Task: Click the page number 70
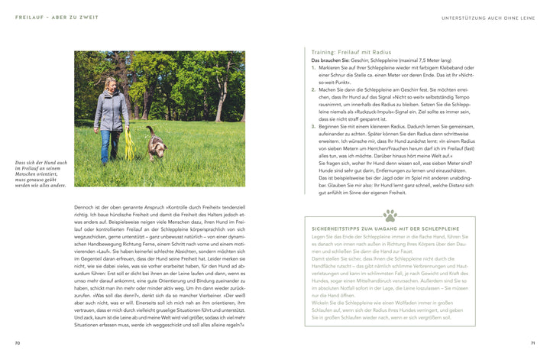pyautogui.click(x=18, y=343)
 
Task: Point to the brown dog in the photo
pyautogui.click(x=156, y=141)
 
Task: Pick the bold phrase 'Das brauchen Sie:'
pyautogui.click(x=330, y=60)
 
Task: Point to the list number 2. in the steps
pyautogui.click(x=314, y=89)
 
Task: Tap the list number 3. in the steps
pyautogui.click(x=314, y=125)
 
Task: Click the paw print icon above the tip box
pyautogui.click(x=390, y=216)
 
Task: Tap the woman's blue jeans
pyautogui.click(x=109, y=145)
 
